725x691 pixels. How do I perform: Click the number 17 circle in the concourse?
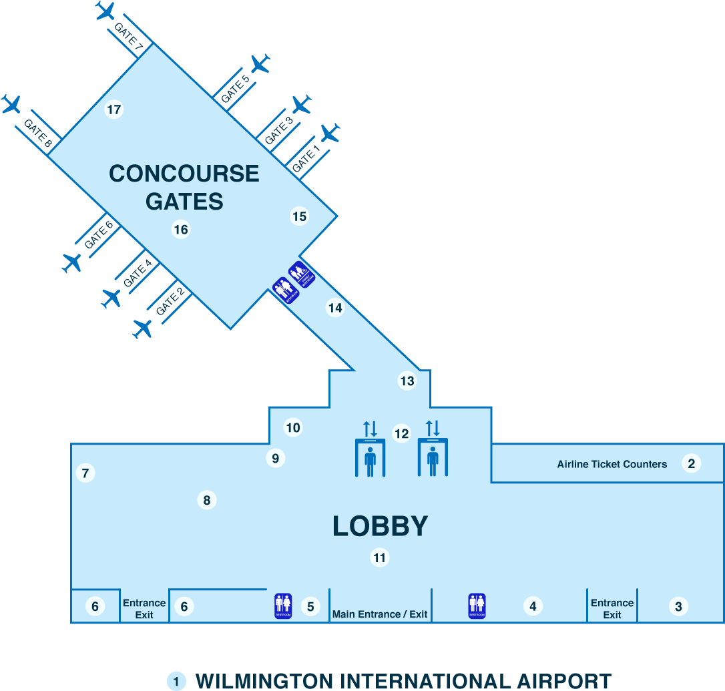point(114,109)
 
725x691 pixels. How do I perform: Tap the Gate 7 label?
point(129,36)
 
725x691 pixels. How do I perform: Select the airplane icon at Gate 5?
point(260,64)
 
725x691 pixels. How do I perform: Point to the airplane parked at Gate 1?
point(330,134)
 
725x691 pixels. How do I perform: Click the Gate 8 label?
point(37,133)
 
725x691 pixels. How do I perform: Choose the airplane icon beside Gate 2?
point(142,328)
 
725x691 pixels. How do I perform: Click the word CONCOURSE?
point(184,174)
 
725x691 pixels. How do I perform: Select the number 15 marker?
point(299,216)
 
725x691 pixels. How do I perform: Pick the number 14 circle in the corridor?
point(334,308)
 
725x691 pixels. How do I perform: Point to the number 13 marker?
point(407,381)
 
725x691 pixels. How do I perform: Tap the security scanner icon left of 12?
point(370,457)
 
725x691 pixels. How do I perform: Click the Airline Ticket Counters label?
point(612,464)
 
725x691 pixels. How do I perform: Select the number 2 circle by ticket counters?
point(691,463)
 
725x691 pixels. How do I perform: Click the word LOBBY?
point(380,526)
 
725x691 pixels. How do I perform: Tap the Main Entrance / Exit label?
point(380,614)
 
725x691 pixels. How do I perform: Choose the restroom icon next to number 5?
point(283,606)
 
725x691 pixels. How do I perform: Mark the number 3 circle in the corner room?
point(678,606)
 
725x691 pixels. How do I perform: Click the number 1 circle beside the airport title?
point(176,681)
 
